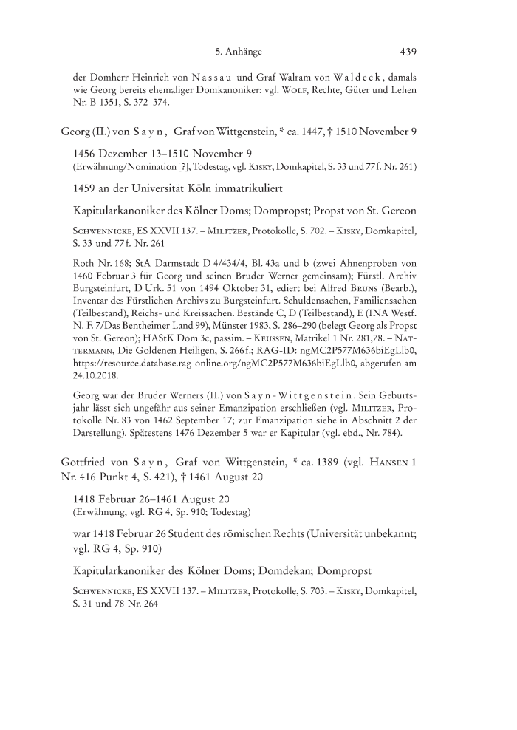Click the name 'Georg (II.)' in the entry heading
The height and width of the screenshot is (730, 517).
click(84, 132)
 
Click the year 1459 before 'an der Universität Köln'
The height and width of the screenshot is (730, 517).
click(85, 201)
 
